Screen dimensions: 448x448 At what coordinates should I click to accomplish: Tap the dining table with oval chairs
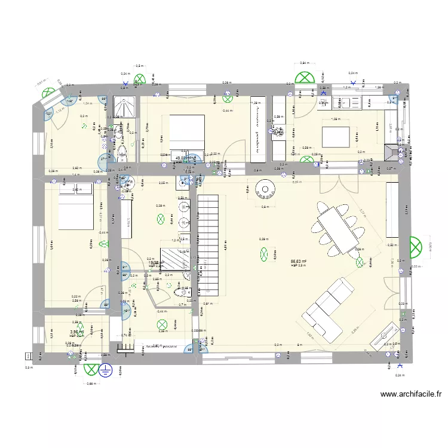click(338, 228)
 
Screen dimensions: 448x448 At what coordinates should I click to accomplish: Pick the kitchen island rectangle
click(336, 136)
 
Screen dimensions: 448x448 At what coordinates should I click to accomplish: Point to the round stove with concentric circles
click(263, 190)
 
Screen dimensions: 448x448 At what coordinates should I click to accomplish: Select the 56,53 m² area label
click(299, 261)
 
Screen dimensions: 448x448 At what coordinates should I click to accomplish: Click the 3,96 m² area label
click(75, 333)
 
